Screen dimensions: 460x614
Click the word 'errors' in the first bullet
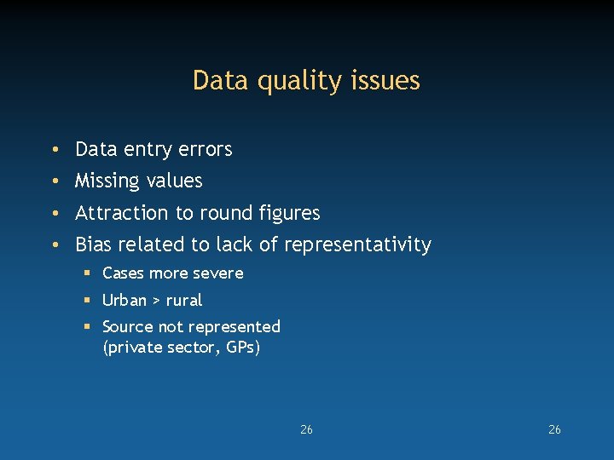[206, 150]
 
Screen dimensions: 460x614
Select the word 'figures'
[287, 213]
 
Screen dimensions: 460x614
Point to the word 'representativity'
[357, 245]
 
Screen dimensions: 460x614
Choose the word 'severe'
[218, 273]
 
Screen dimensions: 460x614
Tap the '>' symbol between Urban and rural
[155, 301]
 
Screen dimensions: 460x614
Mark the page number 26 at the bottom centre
[306, 429]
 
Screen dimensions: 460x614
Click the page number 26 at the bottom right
[554, 429]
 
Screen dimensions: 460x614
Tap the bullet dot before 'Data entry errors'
[54, 151]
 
